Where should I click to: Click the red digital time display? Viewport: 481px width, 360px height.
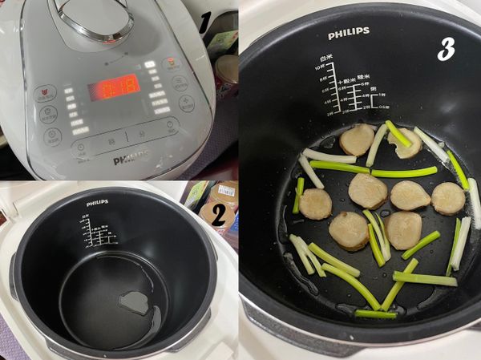(114, 86)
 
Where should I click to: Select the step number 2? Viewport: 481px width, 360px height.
(214, 216)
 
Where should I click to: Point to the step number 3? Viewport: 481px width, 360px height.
(446, 50)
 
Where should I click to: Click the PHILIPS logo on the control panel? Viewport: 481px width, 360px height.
(130, 160)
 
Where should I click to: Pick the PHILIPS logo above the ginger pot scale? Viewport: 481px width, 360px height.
(349, 34)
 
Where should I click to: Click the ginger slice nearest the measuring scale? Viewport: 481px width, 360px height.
(357, 139)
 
